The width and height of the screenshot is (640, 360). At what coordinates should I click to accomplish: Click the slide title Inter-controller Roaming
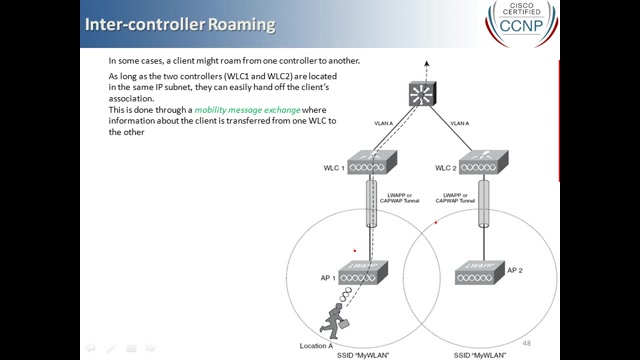tap(180, 22)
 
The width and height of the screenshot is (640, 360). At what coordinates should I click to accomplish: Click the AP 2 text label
tap(516, 270)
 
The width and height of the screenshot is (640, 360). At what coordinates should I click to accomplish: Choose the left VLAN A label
tap(384, 123)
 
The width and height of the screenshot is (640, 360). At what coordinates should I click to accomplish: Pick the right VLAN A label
tap(461, 123)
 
